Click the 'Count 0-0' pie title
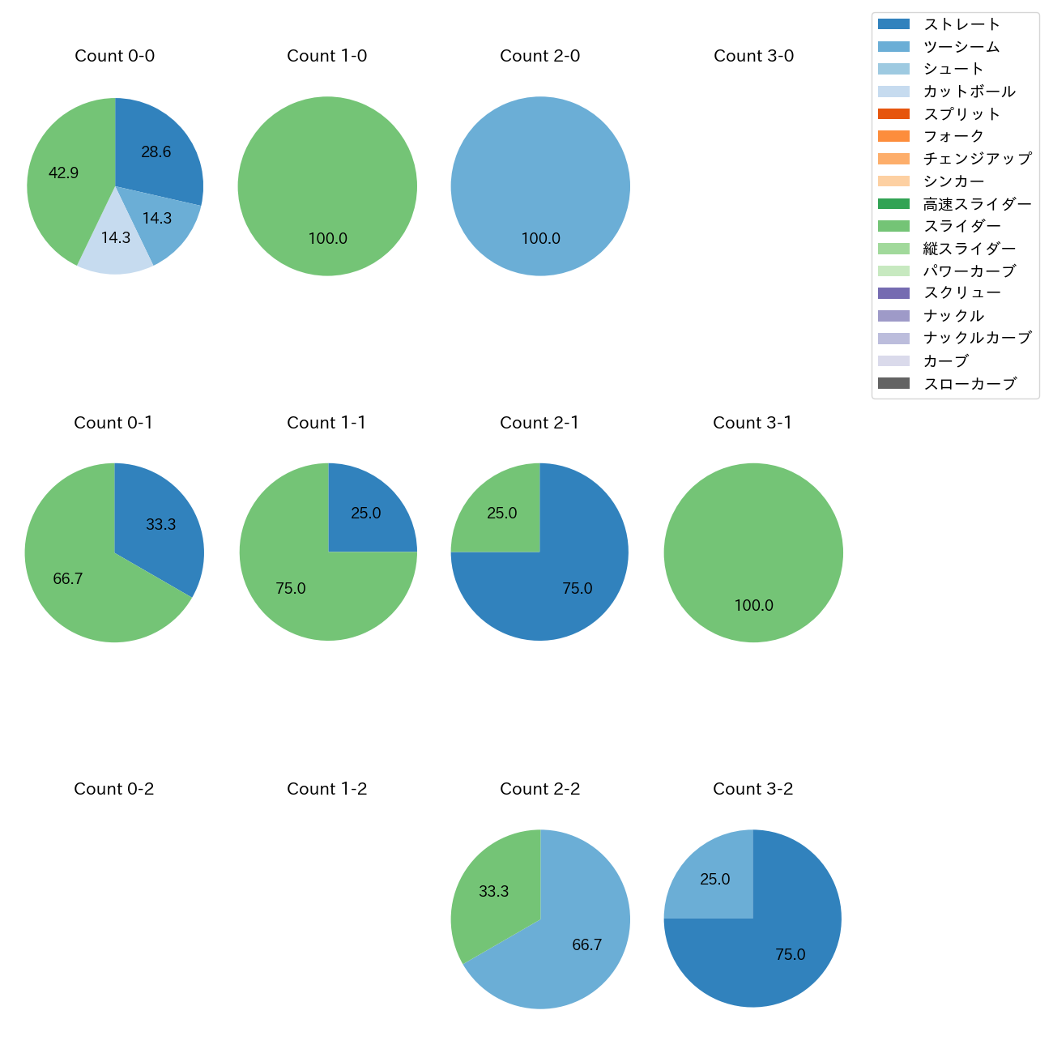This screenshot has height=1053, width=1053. point(114,56)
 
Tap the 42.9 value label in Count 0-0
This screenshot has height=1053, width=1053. point(63,173)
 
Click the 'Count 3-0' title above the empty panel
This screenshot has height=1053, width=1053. point(753,56)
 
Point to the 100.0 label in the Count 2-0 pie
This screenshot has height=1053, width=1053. point(540,238)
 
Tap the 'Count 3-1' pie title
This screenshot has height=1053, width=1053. point(752,423)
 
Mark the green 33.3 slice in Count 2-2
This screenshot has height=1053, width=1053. point(492,891)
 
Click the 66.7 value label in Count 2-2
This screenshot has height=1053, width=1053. point(586,944)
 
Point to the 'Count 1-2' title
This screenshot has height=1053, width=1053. point(326,789)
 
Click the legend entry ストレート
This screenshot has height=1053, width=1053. point(961,24)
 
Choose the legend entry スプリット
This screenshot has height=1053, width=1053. point(961,114)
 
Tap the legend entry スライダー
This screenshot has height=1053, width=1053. point(961,226)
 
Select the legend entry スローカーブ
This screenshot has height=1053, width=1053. point(970,383)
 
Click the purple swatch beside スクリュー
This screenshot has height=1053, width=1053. point(893,293)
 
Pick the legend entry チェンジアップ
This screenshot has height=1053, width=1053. point(977,159)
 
